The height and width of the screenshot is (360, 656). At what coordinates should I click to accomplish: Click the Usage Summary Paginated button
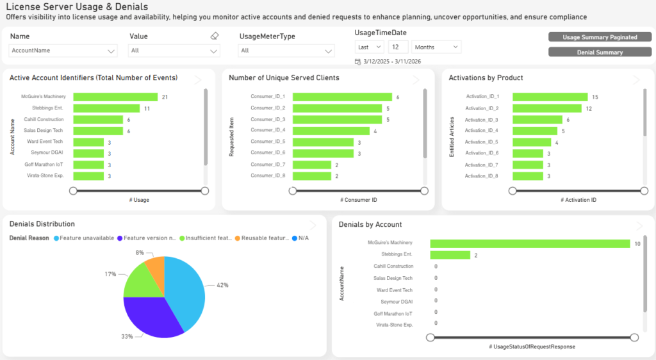pos(600,37)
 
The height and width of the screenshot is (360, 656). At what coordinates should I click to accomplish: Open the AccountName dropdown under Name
pos(63,51)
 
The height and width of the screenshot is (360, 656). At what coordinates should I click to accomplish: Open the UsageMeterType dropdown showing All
pos(286,51)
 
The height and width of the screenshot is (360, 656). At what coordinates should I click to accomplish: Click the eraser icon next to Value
pos(215,37)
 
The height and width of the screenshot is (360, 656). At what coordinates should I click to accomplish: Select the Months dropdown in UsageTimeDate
pos(436,47)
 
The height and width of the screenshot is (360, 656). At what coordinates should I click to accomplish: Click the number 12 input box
pos(398,47)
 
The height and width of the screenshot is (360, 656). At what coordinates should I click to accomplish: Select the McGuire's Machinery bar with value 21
pos(115,97)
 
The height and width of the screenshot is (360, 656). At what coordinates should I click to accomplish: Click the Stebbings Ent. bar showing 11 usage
pos(106,108)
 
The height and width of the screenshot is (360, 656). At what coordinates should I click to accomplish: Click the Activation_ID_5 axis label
pos(481,142)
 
